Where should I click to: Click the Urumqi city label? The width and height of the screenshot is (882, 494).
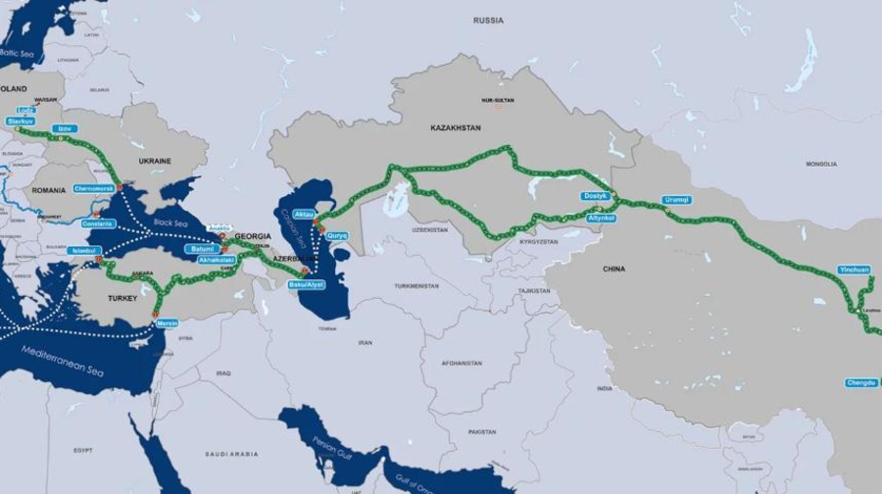677,199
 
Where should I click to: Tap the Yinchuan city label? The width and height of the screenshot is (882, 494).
854,269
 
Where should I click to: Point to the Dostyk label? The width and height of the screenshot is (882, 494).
596,196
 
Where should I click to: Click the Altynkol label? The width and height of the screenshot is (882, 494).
600,217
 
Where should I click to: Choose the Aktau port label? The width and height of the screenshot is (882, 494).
304,213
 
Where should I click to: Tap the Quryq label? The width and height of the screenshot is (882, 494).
338,234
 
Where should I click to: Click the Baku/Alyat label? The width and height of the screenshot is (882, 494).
306,284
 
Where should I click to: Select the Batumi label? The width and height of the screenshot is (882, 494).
203,249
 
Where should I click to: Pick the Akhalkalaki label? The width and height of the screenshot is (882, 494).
216,261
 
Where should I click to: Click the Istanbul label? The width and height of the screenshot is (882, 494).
84,251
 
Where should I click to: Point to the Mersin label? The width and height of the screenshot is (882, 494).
167,322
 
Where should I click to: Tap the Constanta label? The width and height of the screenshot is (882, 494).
98,223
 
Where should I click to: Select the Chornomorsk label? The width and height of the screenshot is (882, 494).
94,187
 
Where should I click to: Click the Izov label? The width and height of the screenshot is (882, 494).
65,128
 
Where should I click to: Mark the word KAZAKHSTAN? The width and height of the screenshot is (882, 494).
455,128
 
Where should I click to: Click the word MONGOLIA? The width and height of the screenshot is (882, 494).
821,164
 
